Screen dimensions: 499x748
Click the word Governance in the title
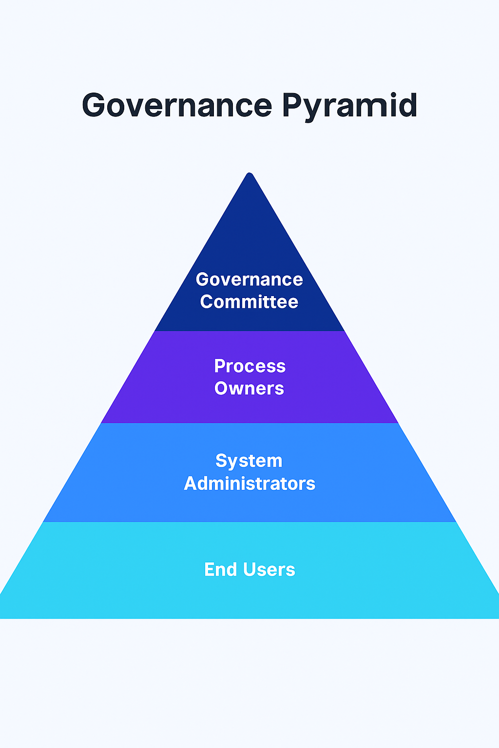[177, 105]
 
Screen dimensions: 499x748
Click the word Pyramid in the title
[349, 107]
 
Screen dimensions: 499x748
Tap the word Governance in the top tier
[249, 279]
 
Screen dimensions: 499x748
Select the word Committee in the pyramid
[249, 301]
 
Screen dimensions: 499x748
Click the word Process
[250, 366]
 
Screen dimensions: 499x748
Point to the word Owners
[249, 388]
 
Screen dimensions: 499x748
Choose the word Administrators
[249, 483]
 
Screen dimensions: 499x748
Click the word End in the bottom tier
[221, 570]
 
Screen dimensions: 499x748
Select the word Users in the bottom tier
[269, 570]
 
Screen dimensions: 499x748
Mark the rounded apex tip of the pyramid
[249, 173]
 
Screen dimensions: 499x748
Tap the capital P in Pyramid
[292, 105]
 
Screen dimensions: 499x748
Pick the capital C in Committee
[207, 301]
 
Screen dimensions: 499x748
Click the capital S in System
[222, 461]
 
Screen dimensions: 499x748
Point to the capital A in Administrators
[191, 483]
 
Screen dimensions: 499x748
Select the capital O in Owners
[221, 388]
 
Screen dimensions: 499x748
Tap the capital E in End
[210, 570]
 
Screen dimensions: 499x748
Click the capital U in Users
[249, 570]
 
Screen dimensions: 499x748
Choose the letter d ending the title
[407, 105]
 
